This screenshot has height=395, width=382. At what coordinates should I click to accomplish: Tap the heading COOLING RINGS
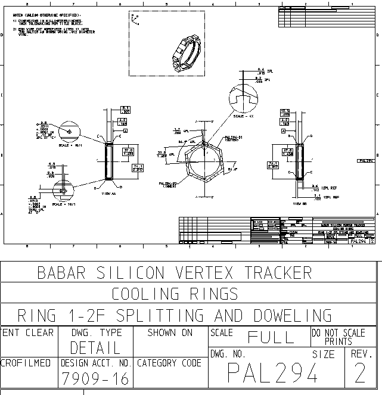click(x=175, y=294)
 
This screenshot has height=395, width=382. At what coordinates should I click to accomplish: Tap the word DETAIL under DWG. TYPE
click(x=95, y=347)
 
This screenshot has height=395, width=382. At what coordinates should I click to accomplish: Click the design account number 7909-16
click(x=95, y=378)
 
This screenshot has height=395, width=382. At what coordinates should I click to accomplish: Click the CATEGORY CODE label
click(x=169, y=362)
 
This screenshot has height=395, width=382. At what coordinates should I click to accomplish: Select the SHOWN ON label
click(x=170, y=332)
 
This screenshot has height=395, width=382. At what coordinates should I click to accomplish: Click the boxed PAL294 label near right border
click(x=366, y=161)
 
